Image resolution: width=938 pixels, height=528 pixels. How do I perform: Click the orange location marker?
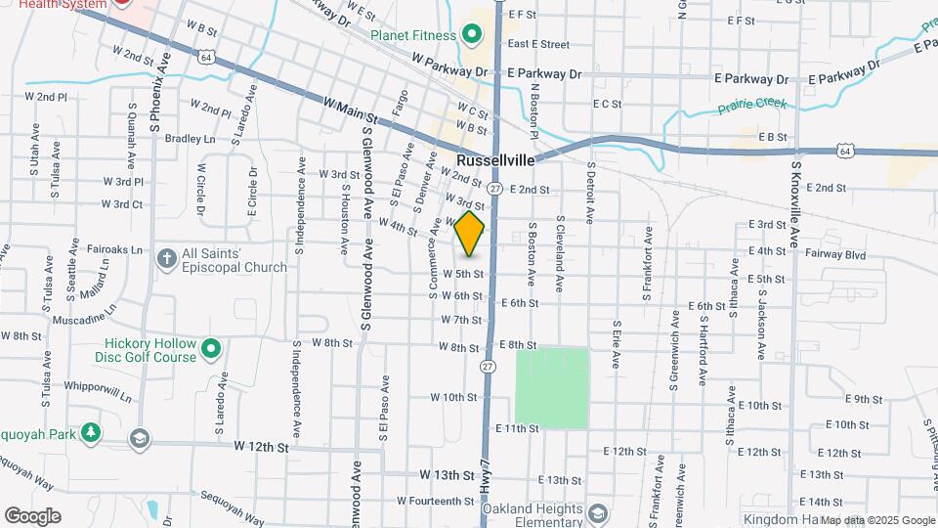(470, 234)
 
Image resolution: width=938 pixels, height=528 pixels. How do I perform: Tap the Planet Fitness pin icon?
(470, 36)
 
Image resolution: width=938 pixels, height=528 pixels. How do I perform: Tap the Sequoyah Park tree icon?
(90, 432)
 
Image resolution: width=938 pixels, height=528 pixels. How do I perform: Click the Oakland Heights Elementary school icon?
(597, 512)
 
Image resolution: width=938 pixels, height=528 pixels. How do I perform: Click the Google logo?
(32, 516)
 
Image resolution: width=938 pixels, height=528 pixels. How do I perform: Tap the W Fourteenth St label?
(435, 501)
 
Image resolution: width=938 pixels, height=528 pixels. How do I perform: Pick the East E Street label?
(538, 44)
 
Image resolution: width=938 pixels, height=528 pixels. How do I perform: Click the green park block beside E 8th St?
(552, 387)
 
